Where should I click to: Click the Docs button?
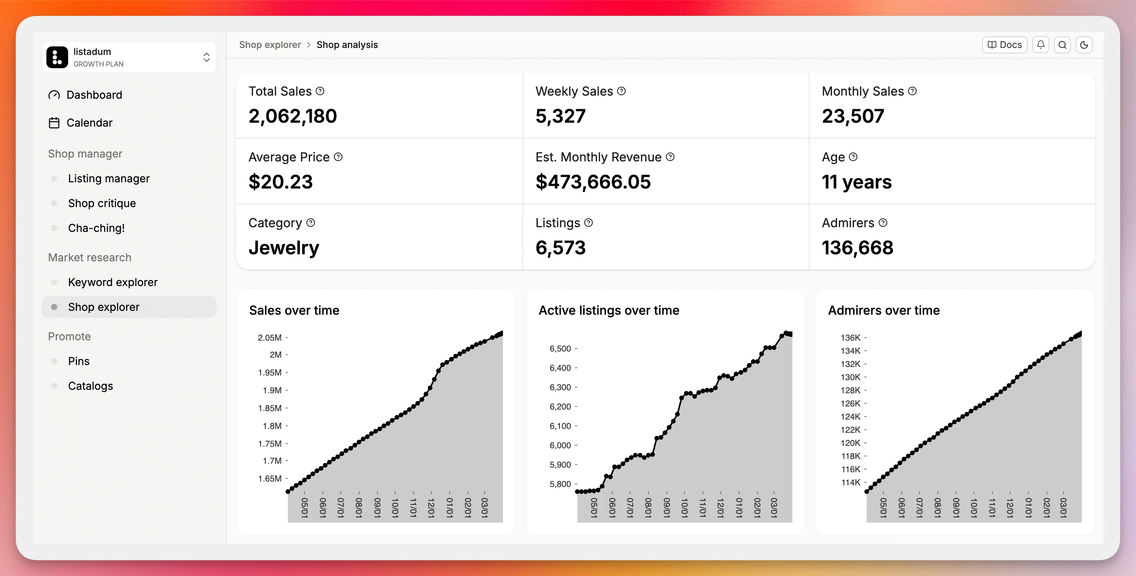[x=1004, y=45]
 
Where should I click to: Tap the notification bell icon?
[x=1040, y=45]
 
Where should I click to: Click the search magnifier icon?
[x=1062, y=45]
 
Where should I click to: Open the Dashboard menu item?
[x=94, y=95]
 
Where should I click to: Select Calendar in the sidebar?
[x=89, y=123]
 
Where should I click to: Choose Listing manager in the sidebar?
[x=108, y=178]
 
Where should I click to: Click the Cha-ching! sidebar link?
[x=96, y=228]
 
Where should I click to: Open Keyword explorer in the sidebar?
[x=113, y=282]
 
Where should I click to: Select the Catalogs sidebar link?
[x=91, y=386]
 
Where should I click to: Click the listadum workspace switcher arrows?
[x=206, y=57]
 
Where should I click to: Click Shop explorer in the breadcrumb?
[x=269, y=45]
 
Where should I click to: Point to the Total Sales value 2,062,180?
[x=293, y=116]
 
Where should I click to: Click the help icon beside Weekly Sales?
[x=621, y=91]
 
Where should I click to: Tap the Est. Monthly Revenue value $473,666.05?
[x=593, y=182]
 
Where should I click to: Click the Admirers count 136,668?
[x=857, y=247]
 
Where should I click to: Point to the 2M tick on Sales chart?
[x=275, y=355]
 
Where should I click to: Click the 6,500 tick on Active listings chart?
[x=560, y=348]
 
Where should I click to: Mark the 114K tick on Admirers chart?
[x=850, y=482]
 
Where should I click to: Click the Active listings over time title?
[x=609, y=310]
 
